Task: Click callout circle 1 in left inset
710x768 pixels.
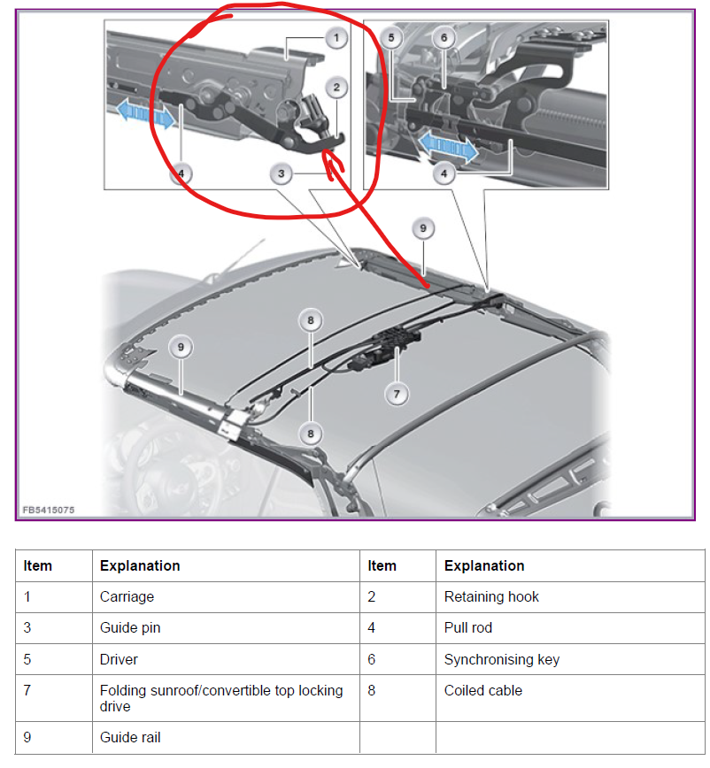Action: click(x=335, y=38)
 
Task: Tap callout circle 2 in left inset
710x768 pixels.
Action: click(x=335, y=88)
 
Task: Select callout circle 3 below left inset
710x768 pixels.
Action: click(x=281, y=174)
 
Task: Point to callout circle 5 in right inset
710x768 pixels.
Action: click(x=392, y=38)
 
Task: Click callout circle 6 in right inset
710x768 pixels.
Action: click(x=444, y=38)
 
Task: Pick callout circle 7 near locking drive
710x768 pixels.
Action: click(x=397, y=393)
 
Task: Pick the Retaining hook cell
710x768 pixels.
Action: click(x=491, y=596)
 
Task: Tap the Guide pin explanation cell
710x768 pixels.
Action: click(x=129, y=627)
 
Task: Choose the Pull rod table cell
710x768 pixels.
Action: click(x=467, y=627)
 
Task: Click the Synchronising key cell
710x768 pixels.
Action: click(x=501, y=659)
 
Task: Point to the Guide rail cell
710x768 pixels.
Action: click(x=130, y=737)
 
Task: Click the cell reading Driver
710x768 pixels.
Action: click(x=119, y=659)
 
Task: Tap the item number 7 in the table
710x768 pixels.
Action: click(x=27, y=690)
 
